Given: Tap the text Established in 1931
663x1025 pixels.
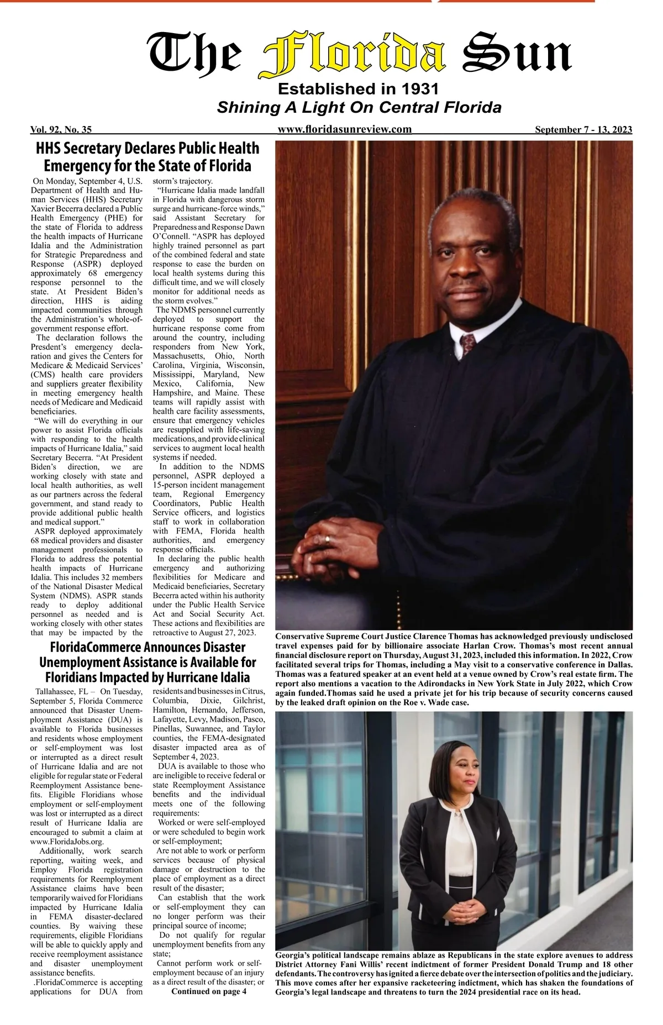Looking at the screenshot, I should tap(358, 88).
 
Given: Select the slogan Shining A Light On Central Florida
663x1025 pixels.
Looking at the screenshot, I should tap(359, 107).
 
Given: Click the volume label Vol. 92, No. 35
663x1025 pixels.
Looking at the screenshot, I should tap(61, 130).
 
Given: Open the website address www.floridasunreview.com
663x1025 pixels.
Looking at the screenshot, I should tap(345, 129).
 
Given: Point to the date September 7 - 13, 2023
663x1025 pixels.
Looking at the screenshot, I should tap(583, 130).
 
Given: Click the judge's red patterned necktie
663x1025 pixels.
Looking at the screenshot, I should tap(468, 343).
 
